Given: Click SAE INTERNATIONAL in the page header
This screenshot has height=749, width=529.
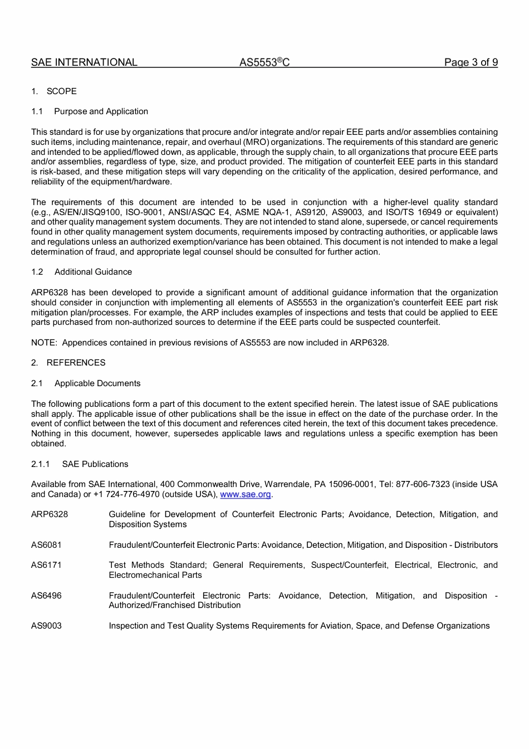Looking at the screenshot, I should tap(84, 62).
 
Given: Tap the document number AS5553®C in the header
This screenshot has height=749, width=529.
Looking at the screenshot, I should tap(264, 62).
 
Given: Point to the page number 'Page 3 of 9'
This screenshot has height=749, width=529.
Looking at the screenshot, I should tap(471, 62).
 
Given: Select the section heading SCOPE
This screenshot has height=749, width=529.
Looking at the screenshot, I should tap(61, 91).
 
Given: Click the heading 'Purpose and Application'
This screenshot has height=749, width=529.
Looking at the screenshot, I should tap(101, 111).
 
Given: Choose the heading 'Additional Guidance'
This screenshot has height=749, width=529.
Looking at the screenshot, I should tap(93, 272).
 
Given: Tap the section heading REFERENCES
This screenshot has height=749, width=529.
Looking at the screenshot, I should tap(76, 363).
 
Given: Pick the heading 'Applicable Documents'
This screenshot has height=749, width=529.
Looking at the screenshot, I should tap(97, 383).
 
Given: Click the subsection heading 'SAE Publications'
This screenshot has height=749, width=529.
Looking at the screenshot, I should tap(95, 464).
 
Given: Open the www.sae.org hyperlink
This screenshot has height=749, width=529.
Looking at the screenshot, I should tap(246, 494).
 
